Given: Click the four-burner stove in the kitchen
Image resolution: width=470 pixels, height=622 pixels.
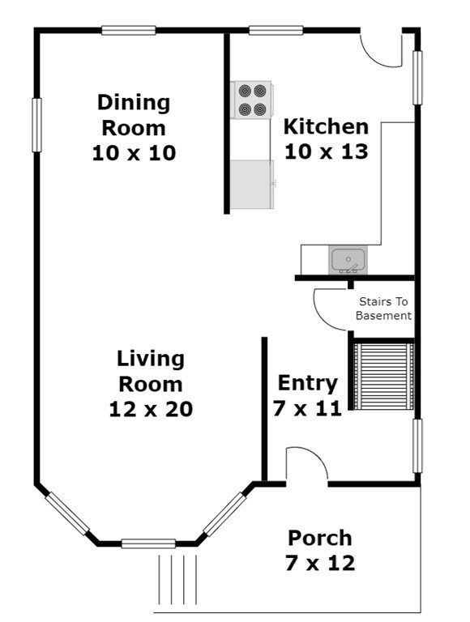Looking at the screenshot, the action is [252, 100].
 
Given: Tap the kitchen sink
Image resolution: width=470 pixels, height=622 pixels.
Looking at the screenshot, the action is [348, 260].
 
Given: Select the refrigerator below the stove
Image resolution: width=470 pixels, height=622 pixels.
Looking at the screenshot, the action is [253, 184].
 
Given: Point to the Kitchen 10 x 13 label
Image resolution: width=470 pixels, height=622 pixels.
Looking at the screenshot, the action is [327, 138].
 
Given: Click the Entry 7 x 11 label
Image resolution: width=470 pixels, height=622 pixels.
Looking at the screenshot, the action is [307, 395].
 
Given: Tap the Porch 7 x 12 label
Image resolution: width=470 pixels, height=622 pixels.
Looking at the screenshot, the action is [320, 551].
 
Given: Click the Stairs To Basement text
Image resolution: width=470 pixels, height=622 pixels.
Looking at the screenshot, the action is [383, 309].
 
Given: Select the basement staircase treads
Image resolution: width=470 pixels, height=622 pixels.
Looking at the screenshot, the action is [383, 377].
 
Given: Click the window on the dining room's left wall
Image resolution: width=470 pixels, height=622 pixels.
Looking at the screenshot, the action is [36, 125].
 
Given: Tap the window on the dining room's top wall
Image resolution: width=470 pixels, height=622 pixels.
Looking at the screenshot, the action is [128, 30].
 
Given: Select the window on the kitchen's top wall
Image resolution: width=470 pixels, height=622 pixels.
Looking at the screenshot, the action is [276, 30].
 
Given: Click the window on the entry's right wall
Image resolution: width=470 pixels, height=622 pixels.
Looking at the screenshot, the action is [417, 446].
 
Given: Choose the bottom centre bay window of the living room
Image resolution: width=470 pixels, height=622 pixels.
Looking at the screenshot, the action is [148, 543].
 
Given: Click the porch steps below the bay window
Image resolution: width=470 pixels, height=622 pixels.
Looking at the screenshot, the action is [177, 580].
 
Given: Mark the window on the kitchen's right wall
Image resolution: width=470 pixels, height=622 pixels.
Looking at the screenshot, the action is [417, 78].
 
